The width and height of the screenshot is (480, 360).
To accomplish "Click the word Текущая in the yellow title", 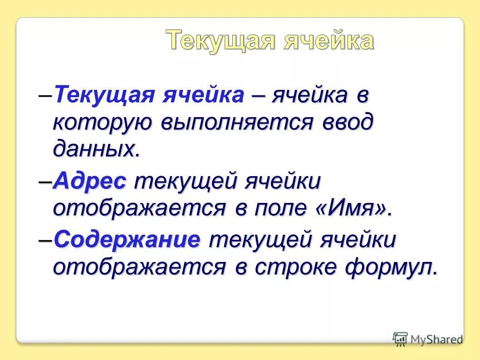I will [220, 41].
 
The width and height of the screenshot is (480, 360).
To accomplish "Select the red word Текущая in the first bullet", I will [105, 96].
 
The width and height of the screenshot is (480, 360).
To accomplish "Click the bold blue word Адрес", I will [89, 182].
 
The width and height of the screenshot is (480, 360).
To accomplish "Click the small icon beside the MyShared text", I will [400, 339].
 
